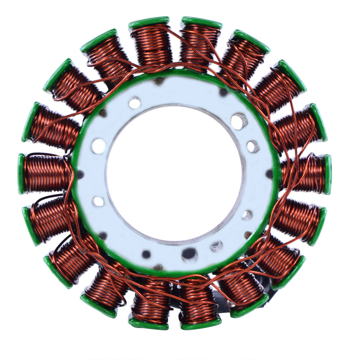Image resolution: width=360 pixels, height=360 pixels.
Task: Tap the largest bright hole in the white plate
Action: [x=239, y=121]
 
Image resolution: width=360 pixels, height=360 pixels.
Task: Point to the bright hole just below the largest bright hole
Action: [x=253, y=146]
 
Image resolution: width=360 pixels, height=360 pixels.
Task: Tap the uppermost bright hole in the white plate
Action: [x=135, y=103]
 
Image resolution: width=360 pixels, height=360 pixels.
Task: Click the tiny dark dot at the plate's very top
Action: [x=159, y=80]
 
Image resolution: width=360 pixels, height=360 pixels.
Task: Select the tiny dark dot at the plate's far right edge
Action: [x=269, y=173]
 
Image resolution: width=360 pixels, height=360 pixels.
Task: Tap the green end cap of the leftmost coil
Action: [x=21, y=174]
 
